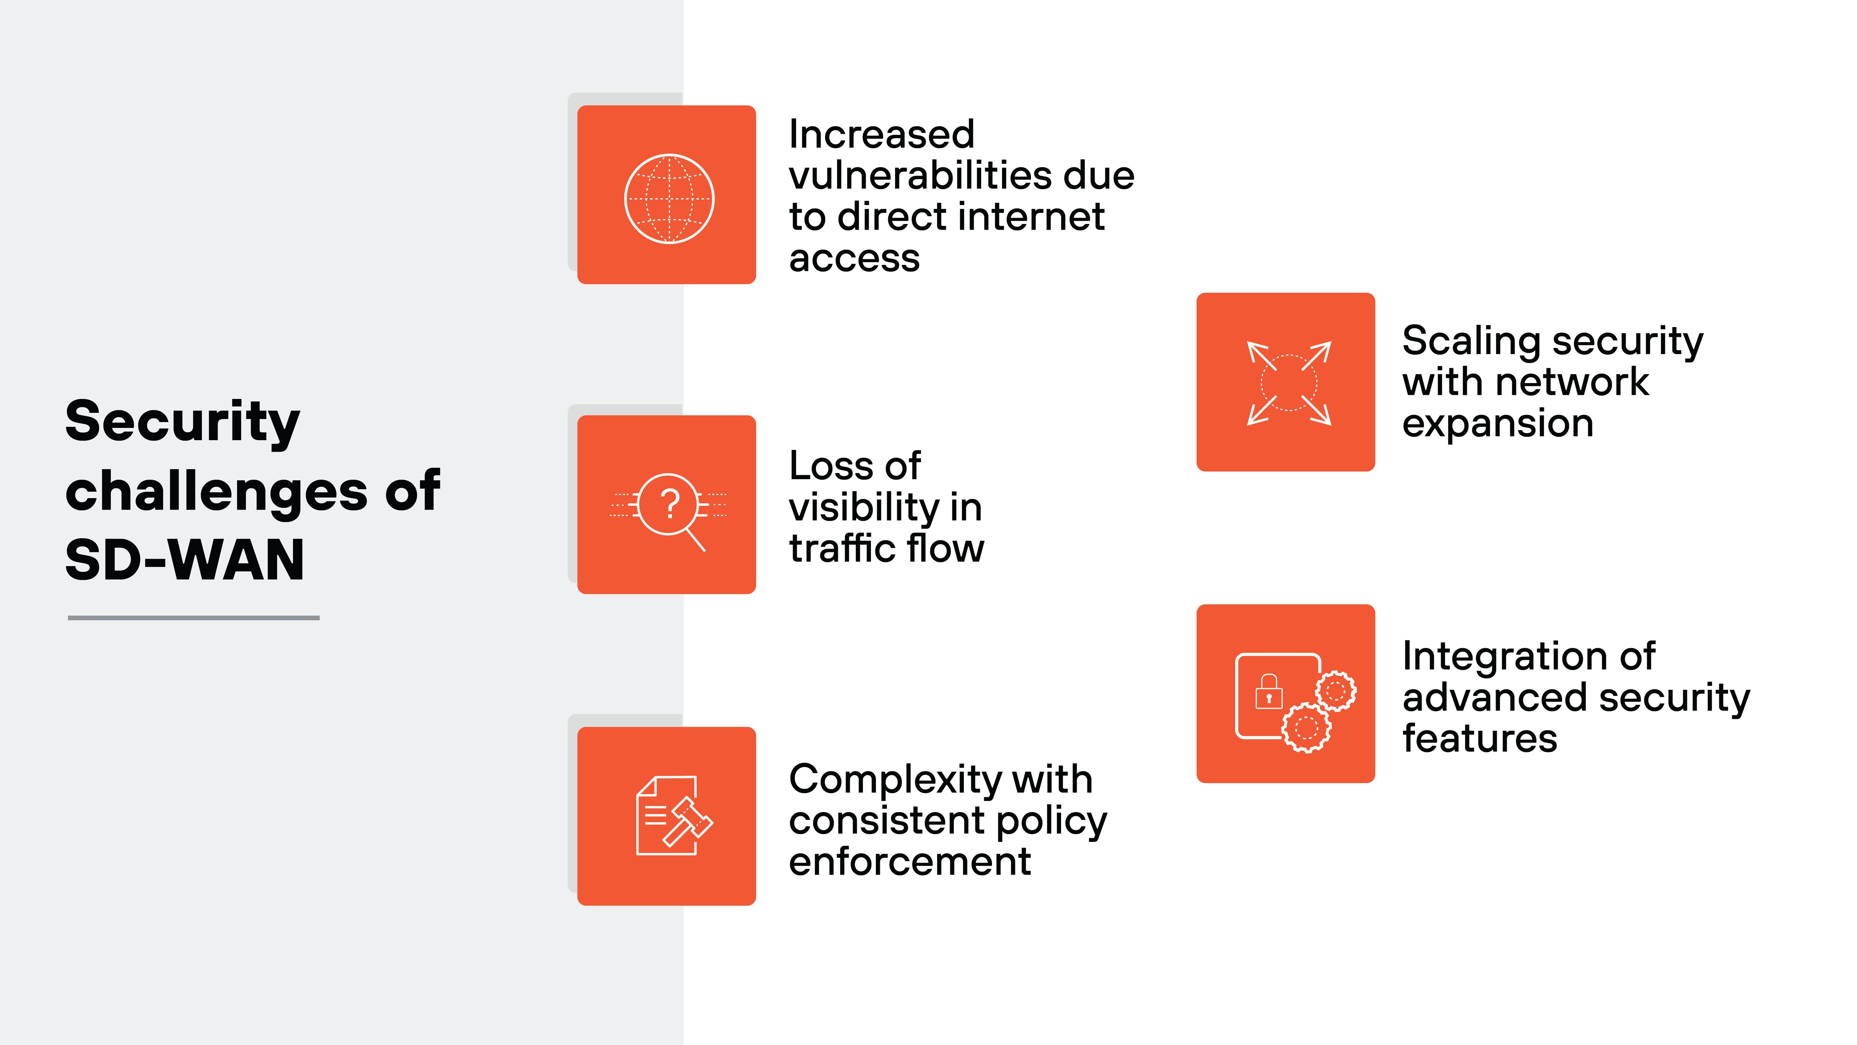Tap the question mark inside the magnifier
click(670, 503)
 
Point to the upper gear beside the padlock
click(1336, 691)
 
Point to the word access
click(854, 258)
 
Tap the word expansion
click(1497, 423)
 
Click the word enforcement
click(910, 861)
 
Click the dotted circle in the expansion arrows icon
click(1288, 382)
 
